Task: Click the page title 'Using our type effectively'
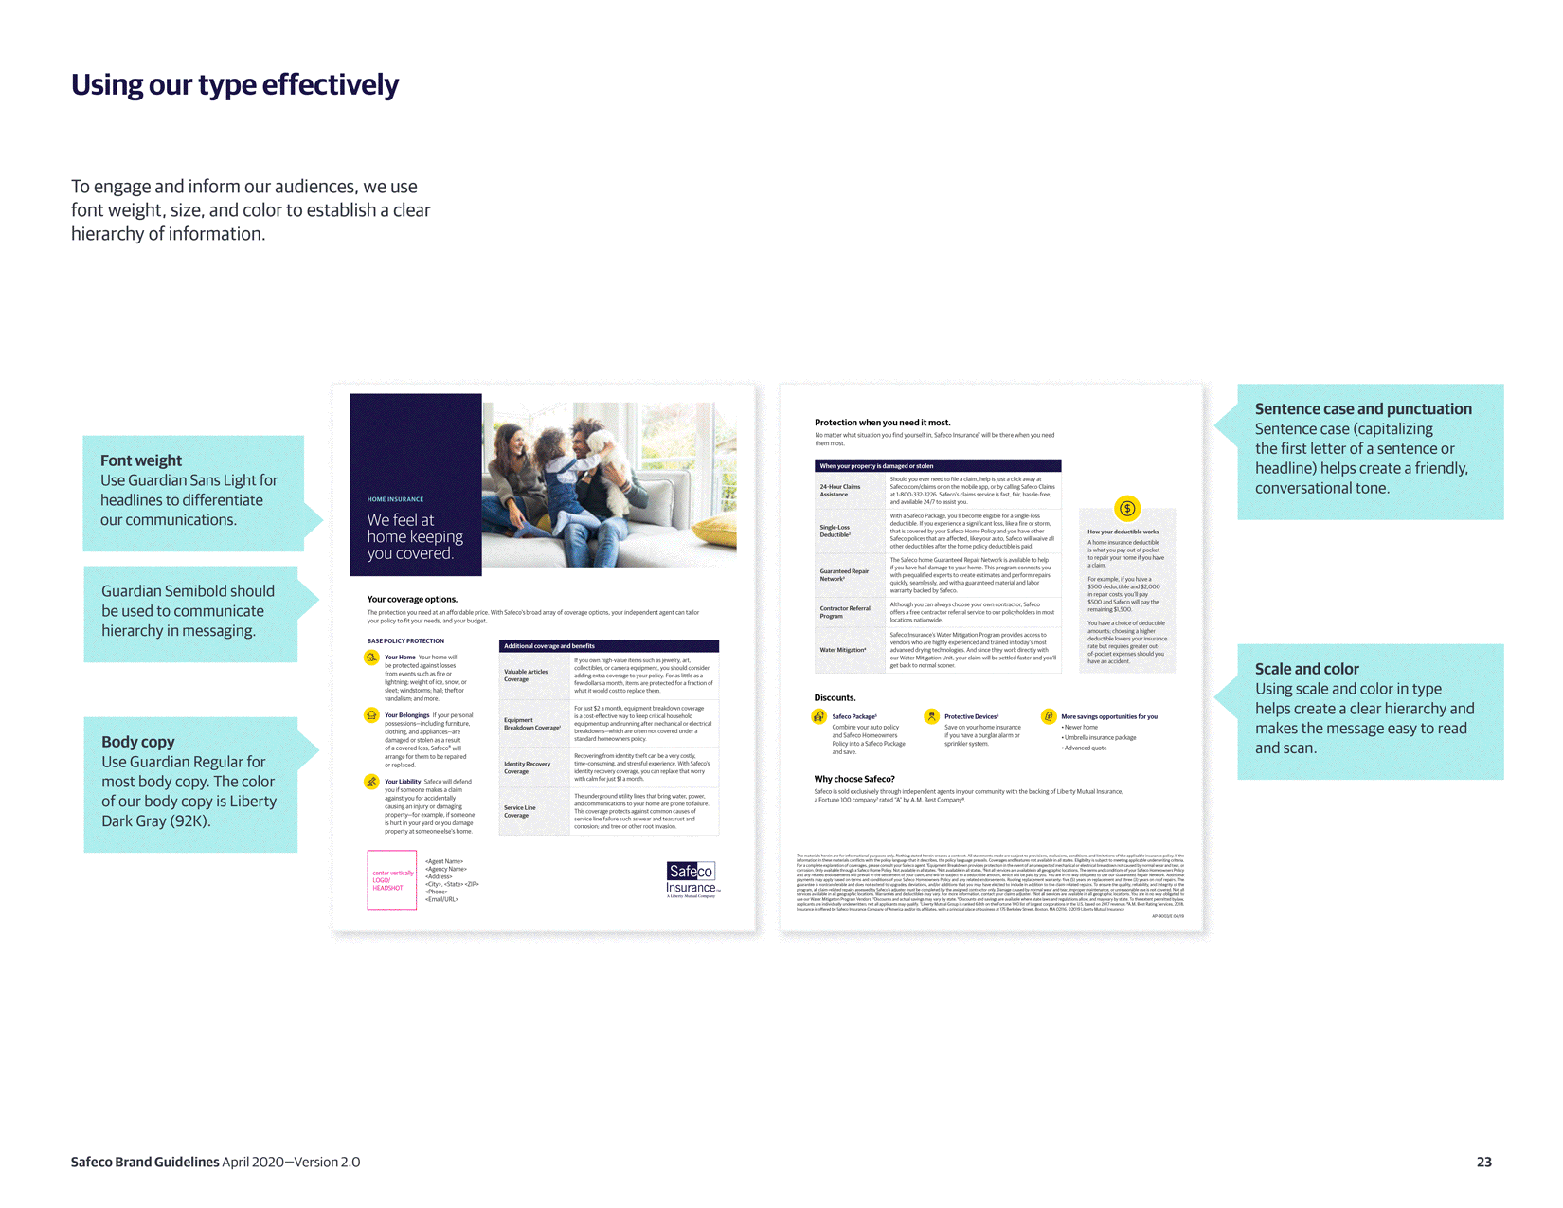coord(235,85)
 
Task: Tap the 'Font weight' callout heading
coord(141,460)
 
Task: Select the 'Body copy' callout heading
coord(138,742)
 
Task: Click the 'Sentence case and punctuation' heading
coord(1363,409)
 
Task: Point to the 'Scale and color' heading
coord(1306,669)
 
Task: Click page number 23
coord(1483,1162)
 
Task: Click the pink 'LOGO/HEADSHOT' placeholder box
coord(392,880)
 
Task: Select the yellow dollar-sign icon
coord(1127,509)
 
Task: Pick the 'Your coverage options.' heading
coord(412,599)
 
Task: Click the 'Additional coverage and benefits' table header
coord(549,646)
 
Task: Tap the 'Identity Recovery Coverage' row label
coord(527,767)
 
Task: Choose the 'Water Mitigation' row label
coord(843,650)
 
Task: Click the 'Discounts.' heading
coord(835,697)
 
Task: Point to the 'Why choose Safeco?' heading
coord(854,779)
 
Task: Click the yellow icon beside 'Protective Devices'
coord(932,716)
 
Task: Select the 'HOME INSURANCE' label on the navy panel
coord(395,499)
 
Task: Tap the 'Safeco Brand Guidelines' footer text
coord(145,1162)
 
